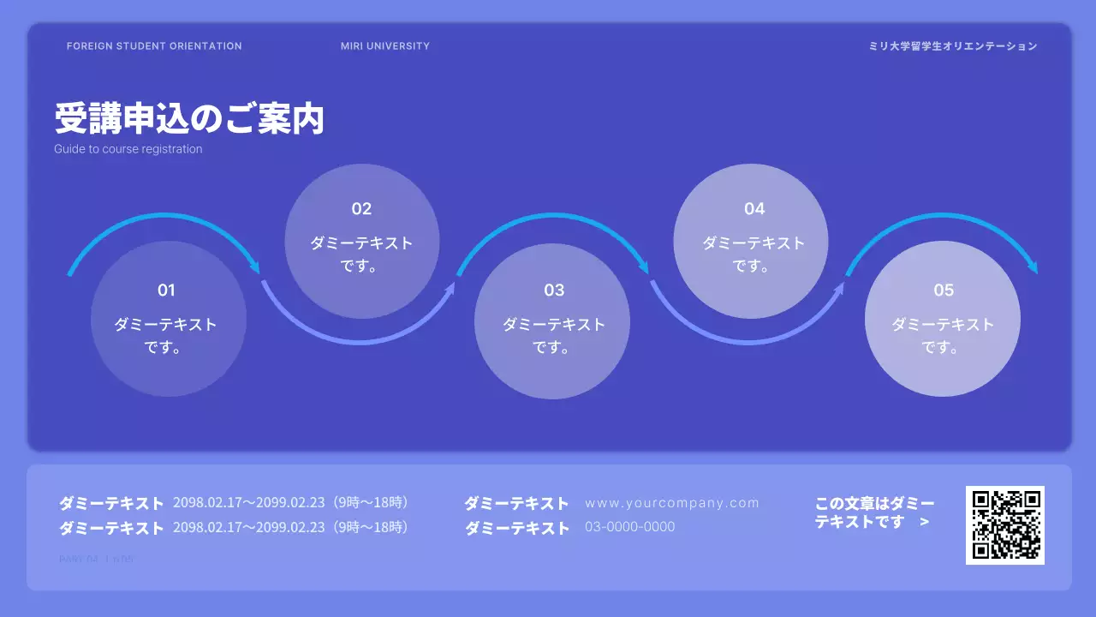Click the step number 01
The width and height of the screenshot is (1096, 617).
click(x=166, y=291)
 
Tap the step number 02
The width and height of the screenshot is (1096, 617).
click(x=361, y=209)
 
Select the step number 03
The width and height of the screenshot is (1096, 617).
click(x=554, y=291)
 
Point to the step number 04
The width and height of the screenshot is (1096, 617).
click(x=754, y=209)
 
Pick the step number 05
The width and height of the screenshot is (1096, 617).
click(x=944, y=291)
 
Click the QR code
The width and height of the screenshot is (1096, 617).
click(x=1005, y=525)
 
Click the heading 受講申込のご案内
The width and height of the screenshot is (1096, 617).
click(x=189, y=119)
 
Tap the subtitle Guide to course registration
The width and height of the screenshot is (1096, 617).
click(x=128, y=149)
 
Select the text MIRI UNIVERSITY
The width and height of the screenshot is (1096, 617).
click(x=385, y=46)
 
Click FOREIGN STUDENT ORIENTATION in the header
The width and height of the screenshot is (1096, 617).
click(x=154, y=46)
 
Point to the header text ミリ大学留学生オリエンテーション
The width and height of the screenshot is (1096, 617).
click(x=953, y=46)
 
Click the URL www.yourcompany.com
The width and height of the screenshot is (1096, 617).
click(x=672, y=503)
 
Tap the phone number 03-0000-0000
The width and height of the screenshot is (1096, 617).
click(x=629, y=527)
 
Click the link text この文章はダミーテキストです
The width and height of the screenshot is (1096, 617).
click(x=873, y=512)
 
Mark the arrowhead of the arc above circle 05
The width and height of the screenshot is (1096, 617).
click(x=1033, y=268)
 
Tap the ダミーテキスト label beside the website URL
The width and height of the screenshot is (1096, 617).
click(x=516, y=504)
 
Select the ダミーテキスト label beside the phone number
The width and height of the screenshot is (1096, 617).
click(x=517, y=529)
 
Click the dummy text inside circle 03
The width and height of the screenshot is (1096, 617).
click(x=554, y=336)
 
